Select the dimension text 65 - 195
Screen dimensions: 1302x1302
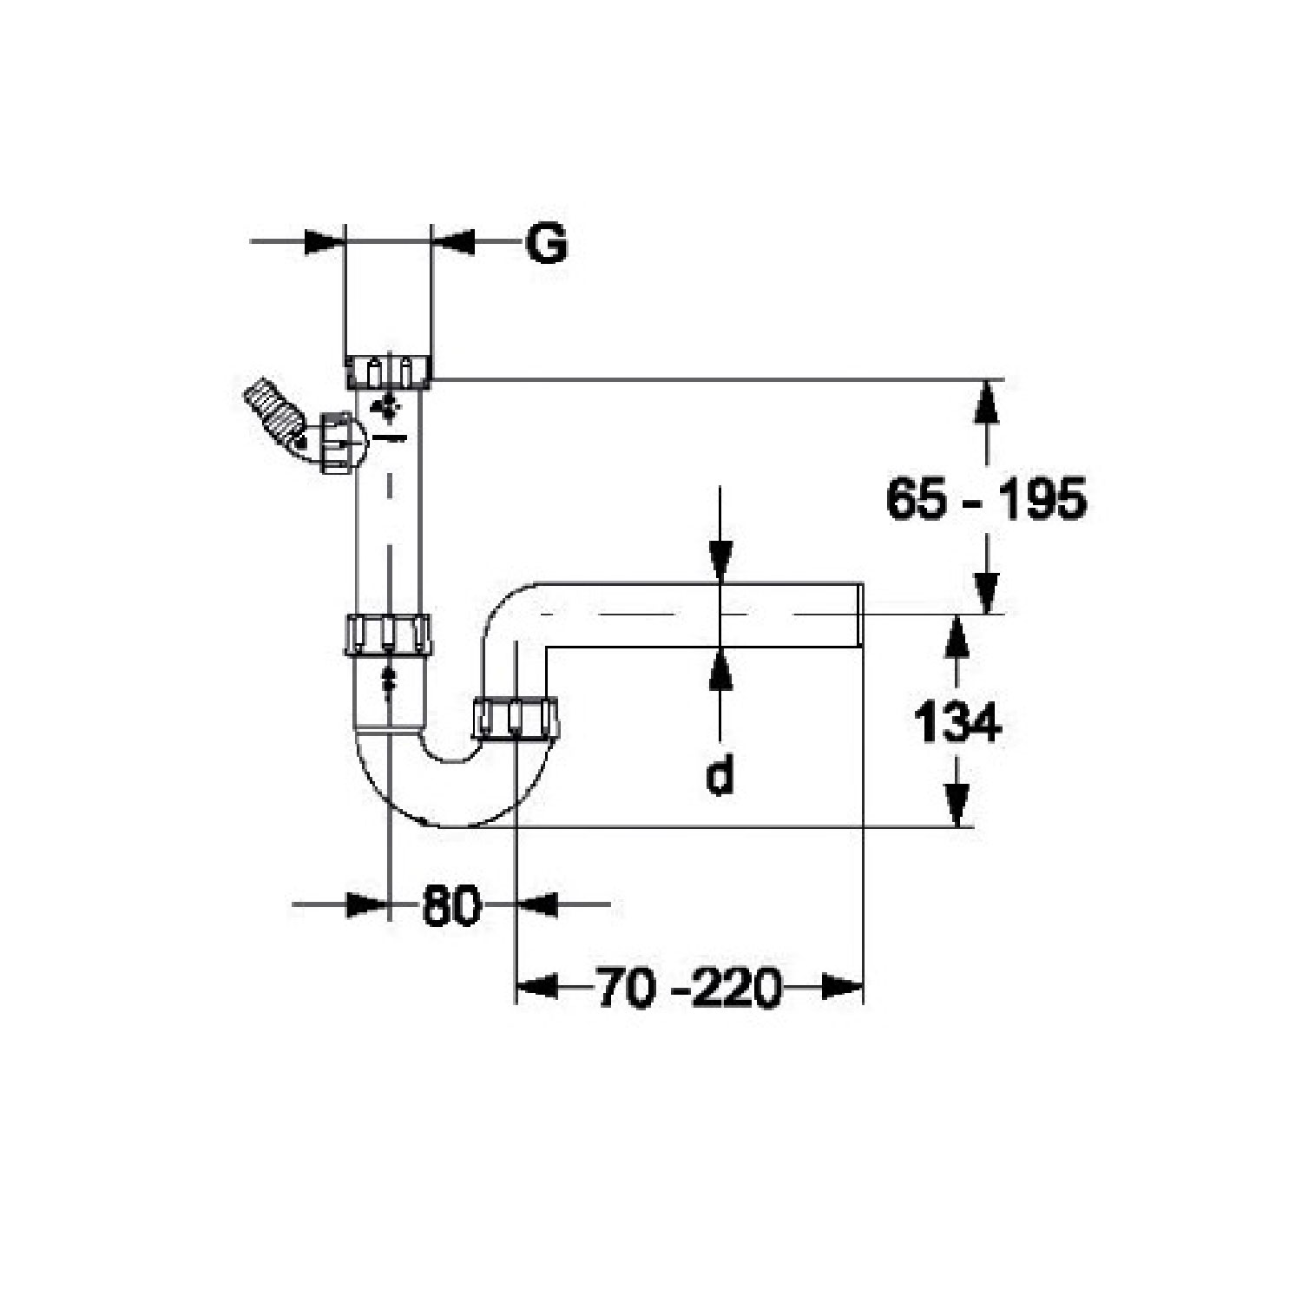(x=986, y=499)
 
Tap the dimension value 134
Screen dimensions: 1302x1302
(x=957, y=722)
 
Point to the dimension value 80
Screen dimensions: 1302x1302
(x=451, y=905)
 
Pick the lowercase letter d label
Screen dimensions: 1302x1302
(x=719, y=774)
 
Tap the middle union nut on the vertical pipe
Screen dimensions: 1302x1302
(x=388, y=634)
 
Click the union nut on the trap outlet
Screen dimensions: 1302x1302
(x=515, y=717)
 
